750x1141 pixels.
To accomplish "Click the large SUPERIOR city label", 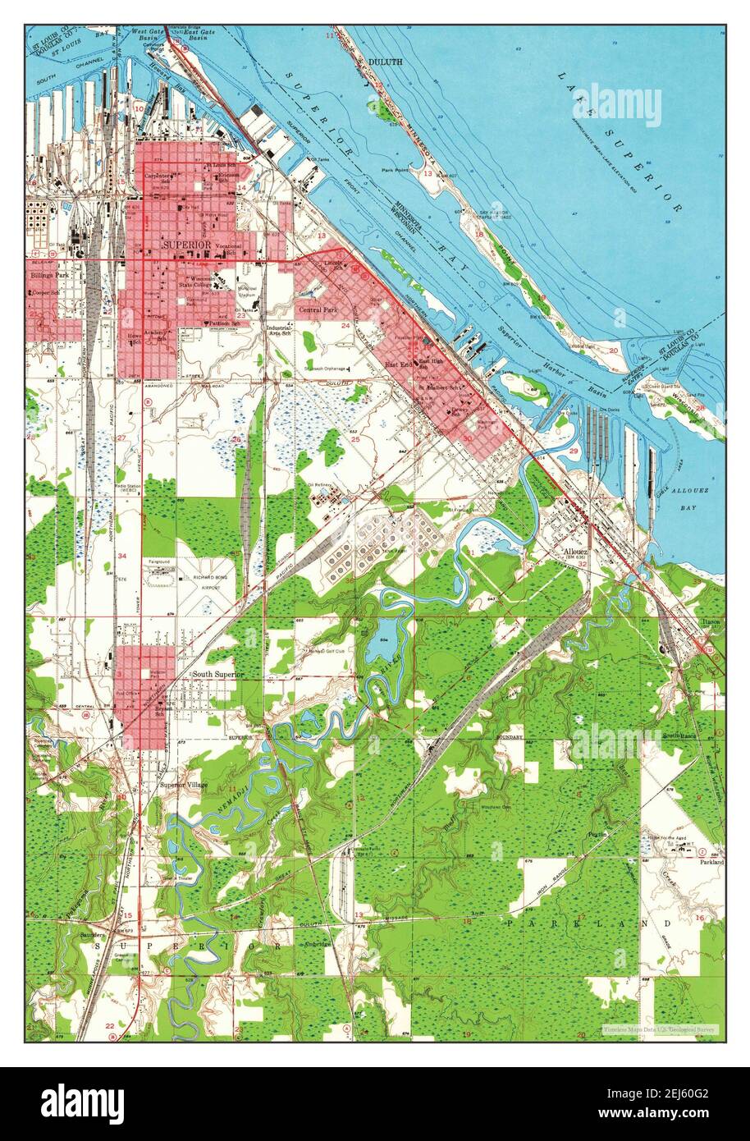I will click(x=187, y=245).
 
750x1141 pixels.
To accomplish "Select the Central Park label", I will click(x=318, y=310).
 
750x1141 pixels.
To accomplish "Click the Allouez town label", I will click(x=578, y=551).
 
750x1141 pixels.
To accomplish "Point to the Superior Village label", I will click(x=184, y=785).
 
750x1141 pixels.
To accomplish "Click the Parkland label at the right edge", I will click(x=711, y=863).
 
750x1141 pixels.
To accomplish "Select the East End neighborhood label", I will click(x=400, y=364).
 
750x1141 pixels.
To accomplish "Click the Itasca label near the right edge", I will click(x=711, y=623).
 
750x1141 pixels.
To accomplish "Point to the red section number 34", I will click(x=121, y=557).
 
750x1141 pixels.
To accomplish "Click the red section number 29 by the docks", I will click(x=574, y=452).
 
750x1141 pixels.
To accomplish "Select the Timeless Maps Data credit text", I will click(x=660, y=1029).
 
